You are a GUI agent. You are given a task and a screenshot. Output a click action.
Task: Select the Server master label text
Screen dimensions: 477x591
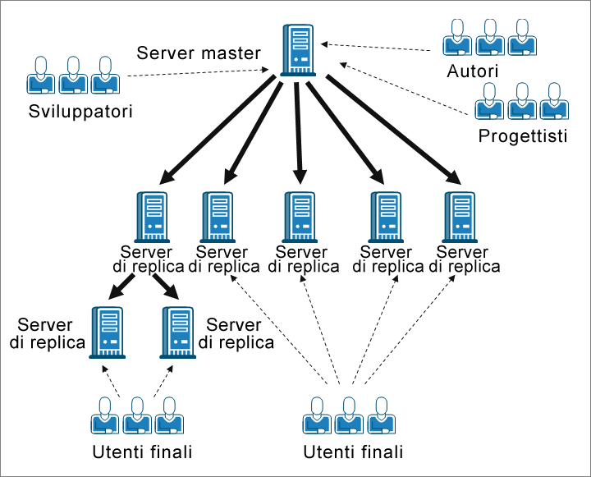pos(199,54)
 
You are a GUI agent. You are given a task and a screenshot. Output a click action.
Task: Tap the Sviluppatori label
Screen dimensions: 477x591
pos(80,110)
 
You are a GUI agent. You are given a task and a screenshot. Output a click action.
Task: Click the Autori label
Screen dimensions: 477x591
pos(472,71)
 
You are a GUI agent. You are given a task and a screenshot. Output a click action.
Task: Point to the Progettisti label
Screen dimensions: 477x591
pos(523,135)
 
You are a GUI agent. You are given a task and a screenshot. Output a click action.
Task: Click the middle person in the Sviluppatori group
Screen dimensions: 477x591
pos(72,75)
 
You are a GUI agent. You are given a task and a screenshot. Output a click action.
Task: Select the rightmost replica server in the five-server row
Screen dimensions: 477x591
pos(460,217)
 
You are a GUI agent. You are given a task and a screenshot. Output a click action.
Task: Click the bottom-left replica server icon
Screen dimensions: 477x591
pos(108,332)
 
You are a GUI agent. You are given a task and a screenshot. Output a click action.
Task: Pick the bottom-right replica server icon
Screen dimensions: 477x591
pos(177,332)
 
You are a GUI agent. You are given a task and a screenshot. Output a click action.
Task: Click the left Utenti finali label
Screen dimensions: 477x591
pos(144,452)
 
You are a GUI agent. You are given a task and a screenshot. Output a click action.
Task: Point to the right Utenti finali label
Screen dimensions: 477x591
pos(354,452)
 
